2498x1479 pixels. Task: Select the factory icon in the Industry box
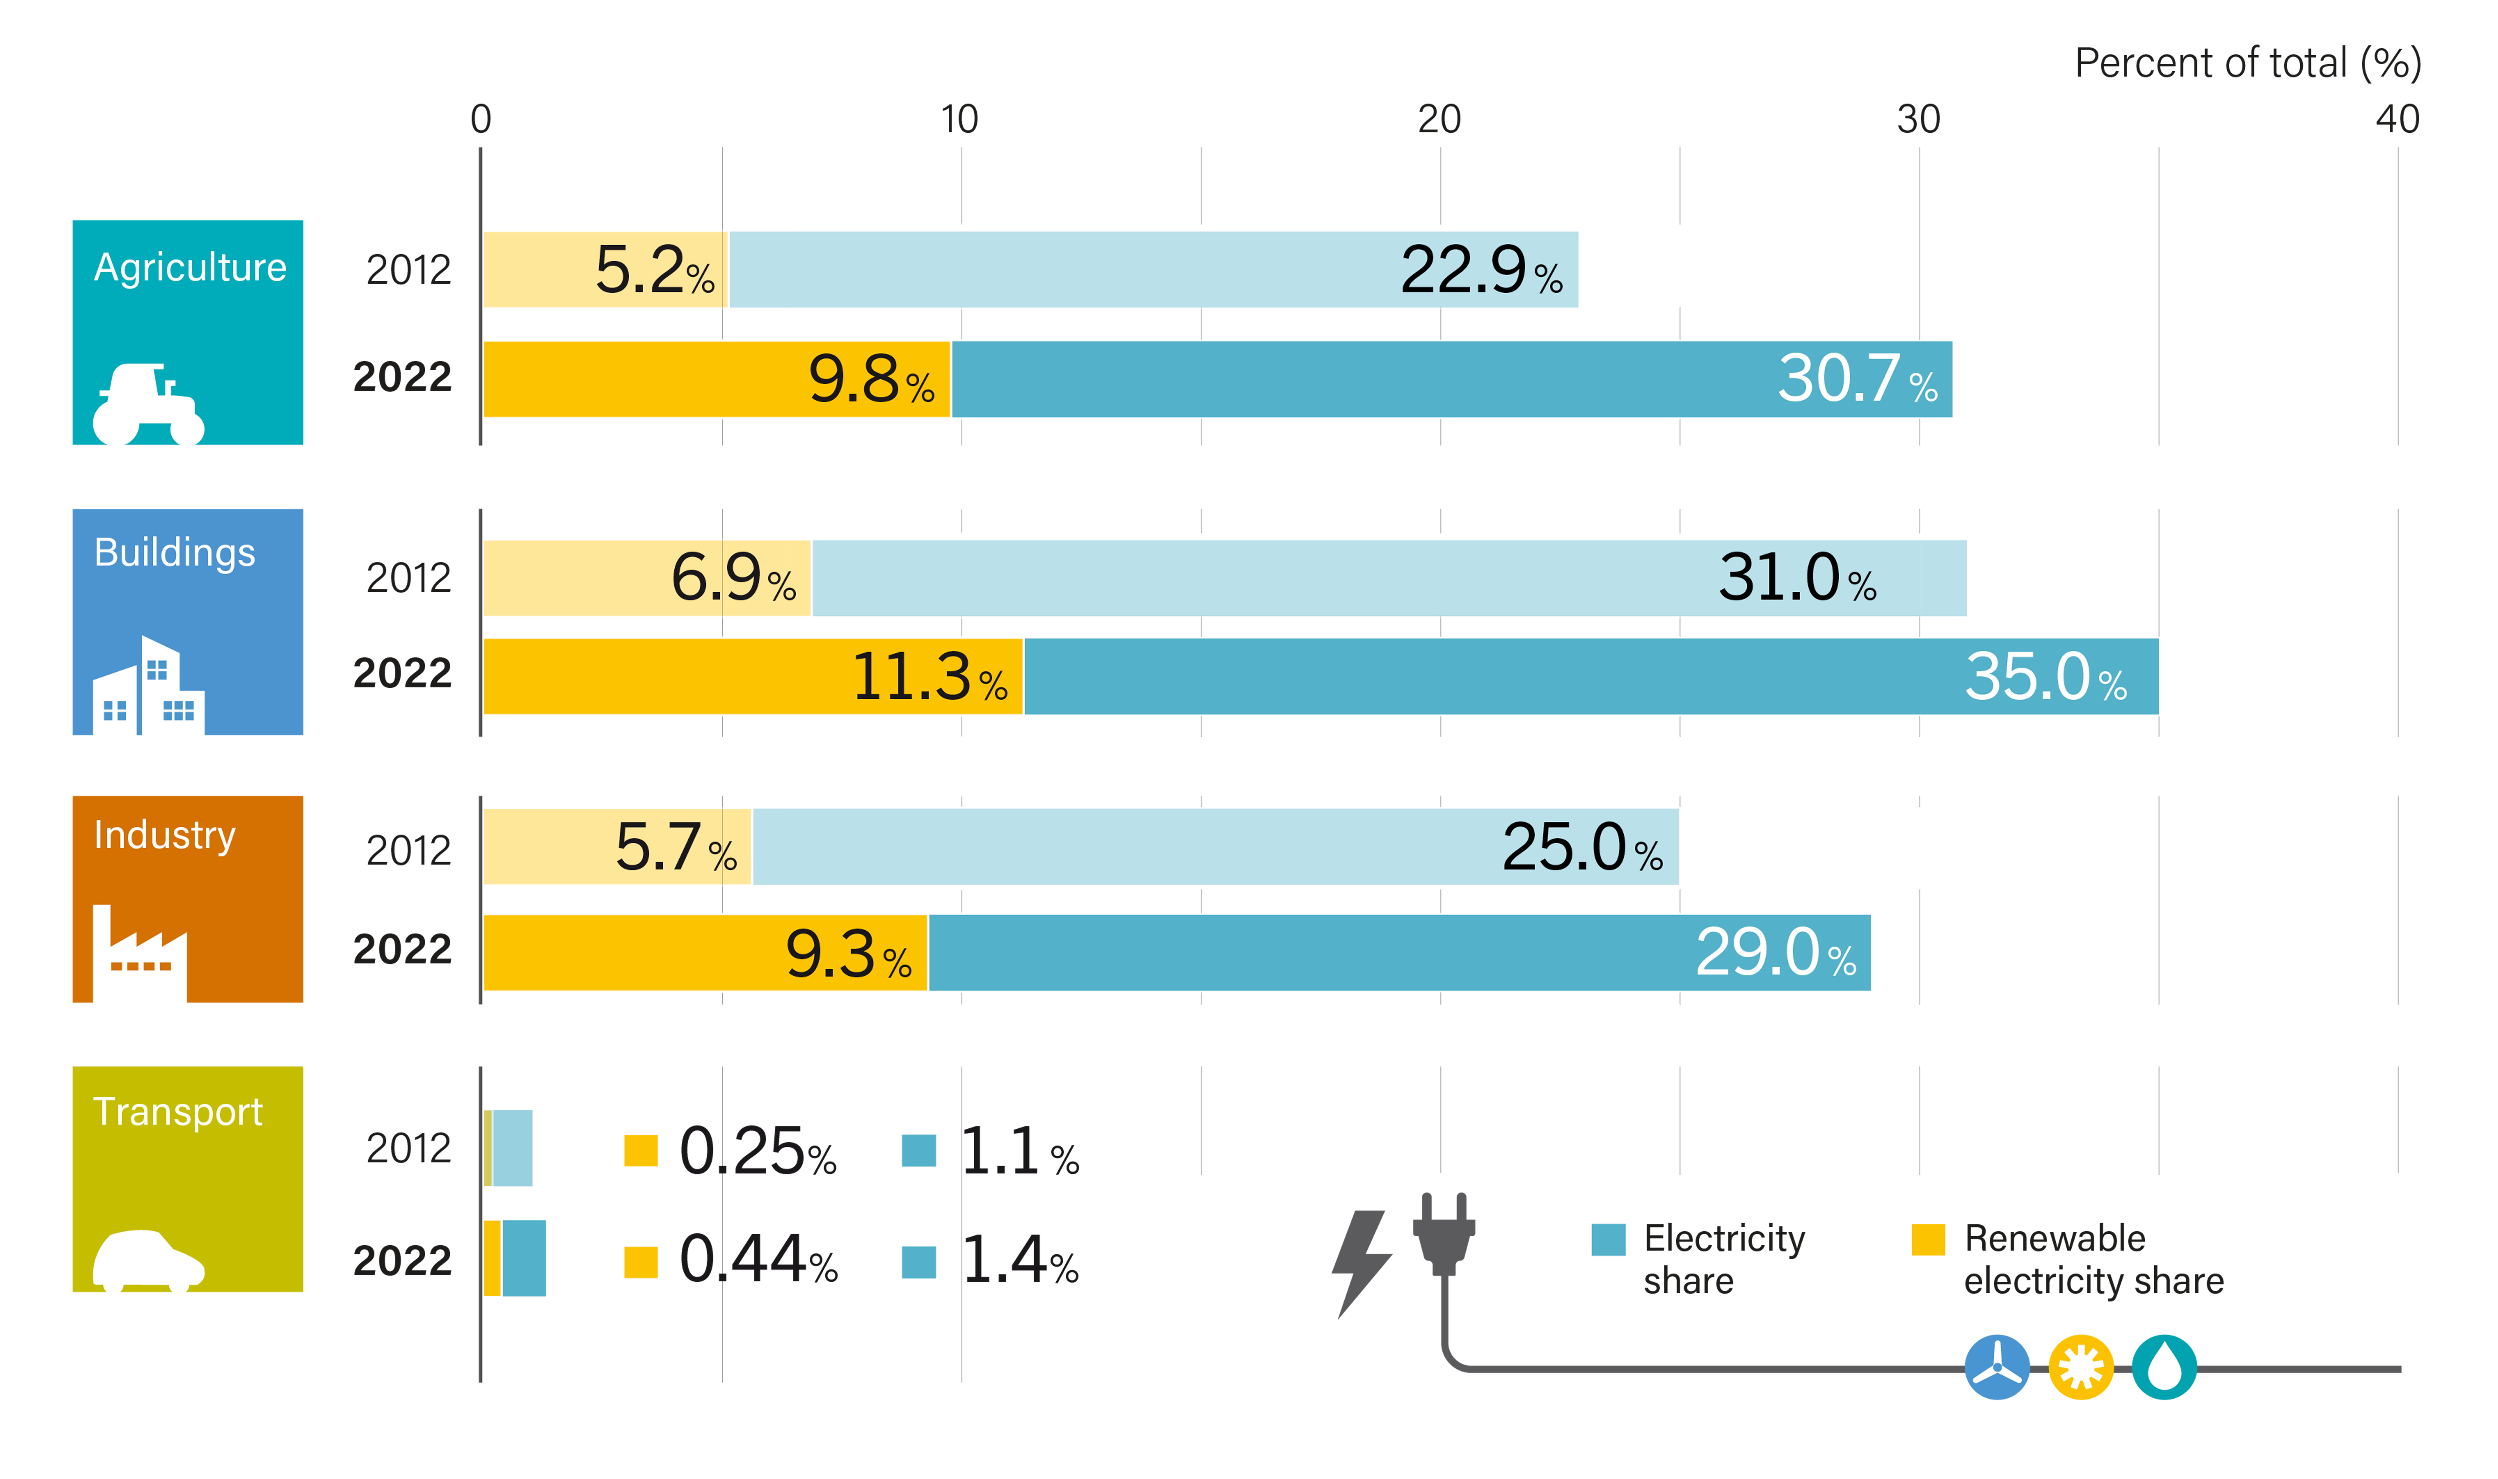(139, 952)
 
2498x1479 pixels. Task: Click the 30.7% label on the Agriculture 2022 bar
(1856, 380)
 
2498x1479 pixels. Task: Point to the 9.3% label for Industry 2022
(847, 954)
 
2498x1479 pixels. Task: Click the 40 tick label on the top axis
(2396, 119)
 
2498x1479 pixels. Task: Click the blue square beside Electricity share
(1608, 1239)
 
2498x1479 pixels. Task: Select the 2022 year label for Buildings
(403, 674)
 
